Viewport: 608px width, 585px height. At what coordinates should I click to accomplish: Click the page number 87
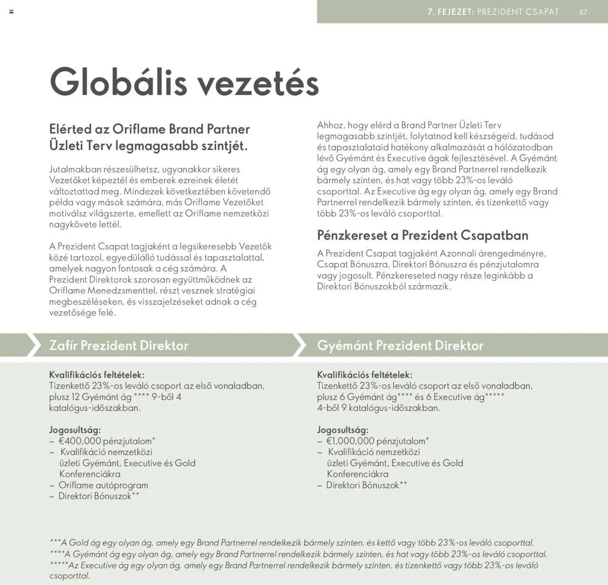[x=583, y=12]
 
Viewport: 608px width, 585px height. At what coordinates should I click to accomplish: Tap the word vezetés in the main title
[x=257, y=84]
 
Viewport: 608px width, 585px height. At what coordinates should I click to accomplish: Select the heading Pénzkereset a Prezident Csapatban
[x=422, y=235]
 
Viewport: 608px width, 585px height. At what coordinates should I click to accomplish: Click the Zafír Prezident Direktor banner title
[x=119, y=345]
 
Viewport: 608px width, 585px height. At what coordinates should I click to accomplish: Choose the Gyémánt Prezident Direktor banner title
[x=400, y=345]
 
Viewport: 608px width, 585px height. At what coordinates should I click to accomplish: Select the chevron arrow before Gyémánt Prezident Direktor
[x=299, y=345]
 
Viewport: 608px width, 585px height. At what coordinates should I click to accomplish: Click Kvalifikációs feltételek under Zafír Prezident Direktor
[x=96, y=375]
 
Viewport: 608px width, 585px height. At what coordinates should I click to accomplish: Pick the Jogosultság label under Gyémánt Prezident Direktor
[x=342, y=430]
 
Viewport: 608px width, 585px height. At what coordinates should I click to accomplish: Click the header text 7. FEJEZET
[x=451, y=12]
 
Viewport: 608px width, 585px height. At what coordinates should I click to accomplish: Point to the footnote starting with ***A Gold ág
[x=292, y=543]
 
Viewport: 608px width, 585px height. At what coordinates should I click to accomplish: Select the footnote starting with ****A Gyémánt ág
[x=298, y=554]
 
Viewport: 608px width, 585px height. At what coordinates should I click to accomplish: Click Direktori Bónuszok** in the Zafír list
[x=99, y=496]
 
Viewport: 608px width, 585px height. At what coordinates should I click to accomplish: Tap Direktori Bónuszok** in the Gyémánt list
[x=366, y=485]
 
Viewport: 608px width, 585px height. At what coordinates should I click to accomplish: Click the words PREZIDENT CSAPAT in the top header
[x=518, y=12]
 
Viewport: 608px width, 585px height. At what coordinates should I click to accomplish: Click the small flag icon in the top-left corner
[x=11, y=11]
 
